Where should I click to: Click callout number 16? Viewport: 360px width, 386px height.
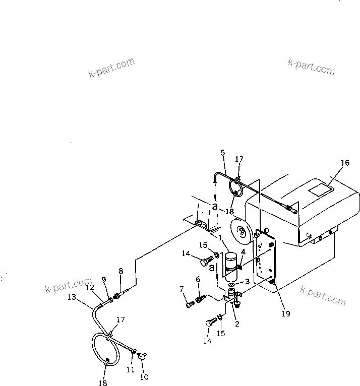[344, 163]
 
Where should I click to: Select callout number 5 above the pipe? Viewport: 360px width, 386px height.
[223, 152]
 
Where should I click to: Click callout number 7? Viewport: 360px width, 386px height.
[183, 289]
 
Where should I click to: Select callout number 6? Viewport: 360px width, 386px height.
[198, 279]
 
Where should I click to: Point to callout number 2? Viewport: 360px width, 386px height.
[236, 324]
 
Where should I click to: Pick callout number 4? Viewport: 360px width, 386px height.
[243, 252]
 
